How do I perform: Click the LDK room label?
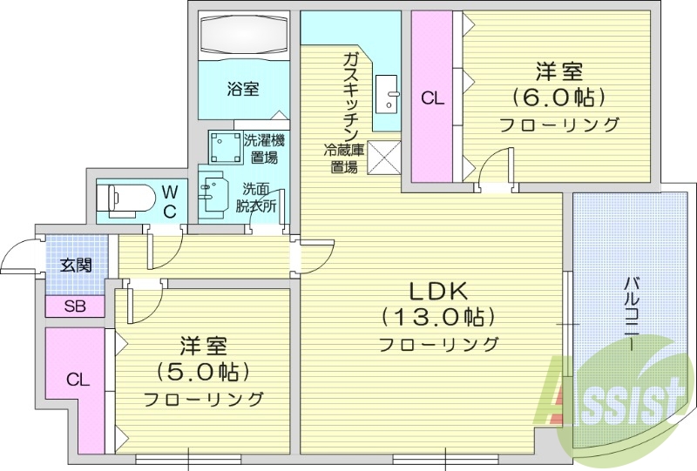pos(437,290)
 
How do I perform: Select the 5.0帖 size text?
pos(203,372)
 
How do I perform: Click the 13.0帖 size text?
pos(437,315)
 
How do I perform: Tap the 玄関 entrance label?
pos(75,266)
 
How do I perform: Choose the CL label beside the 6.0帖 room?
pos(432,98)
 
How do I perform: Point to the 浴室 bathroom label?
pos(243,89)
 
